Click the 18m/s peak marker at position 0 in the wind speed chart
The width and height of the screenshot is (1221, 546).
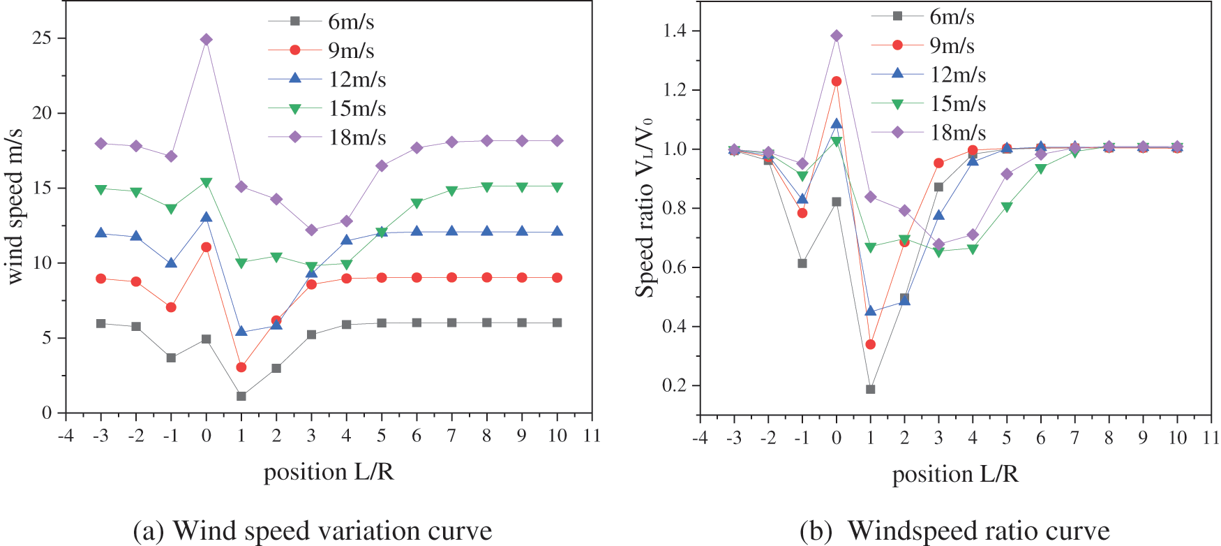206,40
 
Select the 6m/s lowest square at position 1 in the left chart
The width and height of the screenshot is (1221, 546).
241,396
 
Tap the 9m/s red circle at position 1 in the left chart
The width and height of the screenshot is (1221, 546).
241,367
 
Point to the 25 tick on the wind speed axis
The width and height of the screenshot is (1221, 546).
42,38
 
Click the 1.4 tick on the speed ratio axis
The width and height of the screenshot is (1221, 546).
675,31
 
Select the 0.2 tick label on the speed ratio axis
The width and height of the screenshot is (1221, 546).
675,386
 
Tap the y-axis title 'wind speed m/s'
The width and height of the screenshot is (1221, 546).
15,207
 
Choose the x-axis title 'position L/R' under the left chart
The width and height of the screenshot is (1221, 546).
329,472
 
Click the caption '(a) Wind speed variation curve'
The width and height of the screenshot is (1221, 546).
312,531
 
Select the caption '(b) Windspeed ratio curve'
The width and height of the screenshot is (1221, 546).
954,531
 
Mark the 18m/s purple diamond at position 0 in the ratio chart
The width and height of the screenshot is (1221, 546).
837,36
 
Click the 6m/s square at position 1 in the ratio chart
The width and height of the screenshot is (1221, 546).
871,389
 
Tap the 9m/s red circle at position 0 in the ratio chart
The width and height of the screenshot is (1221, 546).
837,82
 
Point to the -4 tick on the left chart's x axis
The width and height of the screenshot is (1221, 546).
66,436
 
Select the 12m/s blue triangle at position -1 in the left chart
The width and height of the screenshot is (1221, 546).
171,263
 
